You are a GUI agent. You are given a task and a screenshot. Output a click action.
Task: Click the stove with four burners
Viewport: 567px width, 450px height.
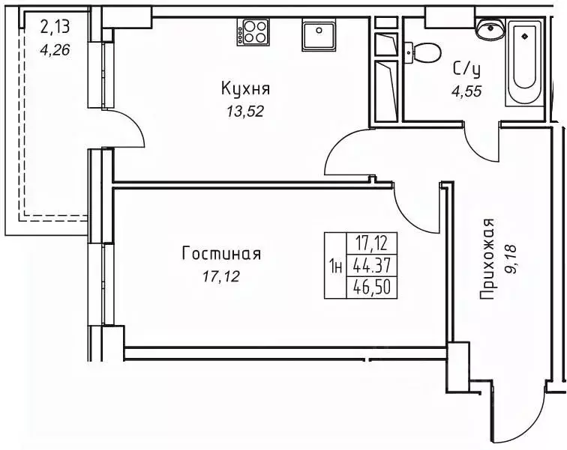click(x=253, y=34)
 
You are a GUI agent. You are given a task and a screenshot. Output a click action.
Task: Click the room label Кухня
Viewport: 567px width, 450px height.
click(x=245, y=89)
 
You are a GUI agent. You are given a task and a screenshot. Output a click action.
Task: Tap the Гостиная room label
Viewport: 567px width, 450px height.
click(x=221, y=254)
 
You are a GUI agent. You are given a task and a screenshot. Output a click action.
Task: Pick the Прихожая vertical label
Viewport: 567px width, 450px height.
click(x=489, y=259)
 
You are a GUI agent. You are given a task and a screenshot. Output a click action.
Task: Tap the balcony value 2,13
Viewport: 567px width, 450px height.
click(x=53, y=28)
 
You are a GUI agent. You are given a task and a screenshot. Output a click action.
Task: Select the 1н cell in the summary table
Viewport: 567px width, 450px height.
click(x=336, y=266)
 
